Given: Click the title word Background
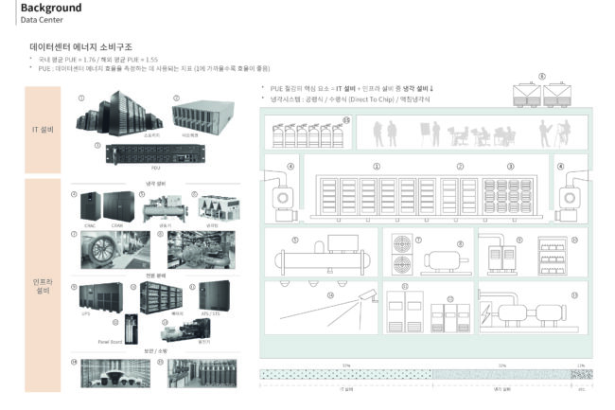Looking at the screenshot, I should [50, 8].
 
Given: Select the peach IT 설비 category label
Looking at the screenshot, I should [41, 129].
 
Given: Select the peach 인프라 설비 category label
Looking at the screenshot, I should [41, 283].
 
